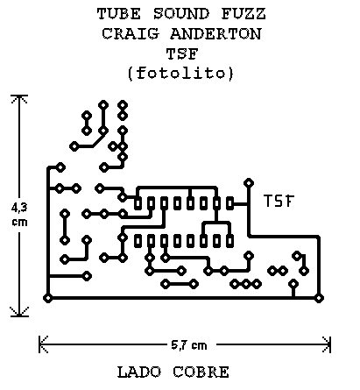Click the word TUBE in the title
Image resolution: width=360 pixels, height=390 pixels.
(119, 14)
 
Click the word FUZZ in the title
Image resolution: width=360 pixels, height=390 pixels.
(244, 14)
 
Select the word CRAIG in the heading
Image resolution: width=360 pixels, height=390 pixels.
(131, 33)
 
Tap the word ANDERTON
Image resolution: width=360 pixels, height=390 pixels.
(215, 33)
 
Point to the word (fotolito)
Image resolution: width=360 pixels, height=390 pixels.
(180, 73)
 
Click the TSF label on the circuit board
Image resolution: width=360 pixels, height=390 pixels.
(279, 201)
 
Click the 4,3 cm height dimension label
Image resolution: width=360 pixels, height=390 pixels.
(19, 215)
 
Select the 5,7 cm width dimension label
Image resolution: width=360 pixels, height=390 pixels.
(189, 345)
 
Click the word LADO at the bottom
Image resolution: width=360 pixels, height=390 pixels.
(139, 372)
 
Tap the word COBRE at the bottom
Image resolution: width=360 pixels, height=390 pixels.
(201, 372)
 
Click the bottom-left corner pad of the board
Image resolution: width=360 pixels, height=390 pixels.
(48, 298)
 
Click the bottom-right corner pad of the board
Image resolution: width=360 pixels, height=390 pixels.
(319, 298)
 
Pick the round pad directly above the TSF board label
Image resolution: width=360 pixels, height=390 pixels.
(249, 183)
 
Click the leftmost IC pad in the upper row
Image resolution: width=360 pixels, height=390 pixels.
(138, 203)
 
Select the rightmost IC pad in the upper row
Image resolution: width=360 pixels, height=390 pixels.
(230, 203)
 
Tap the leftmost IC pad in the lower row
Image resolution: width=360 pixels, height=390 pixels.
(138, 241)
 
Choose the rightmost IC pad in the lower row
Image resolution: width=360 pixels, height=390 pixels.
(230, 241)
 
